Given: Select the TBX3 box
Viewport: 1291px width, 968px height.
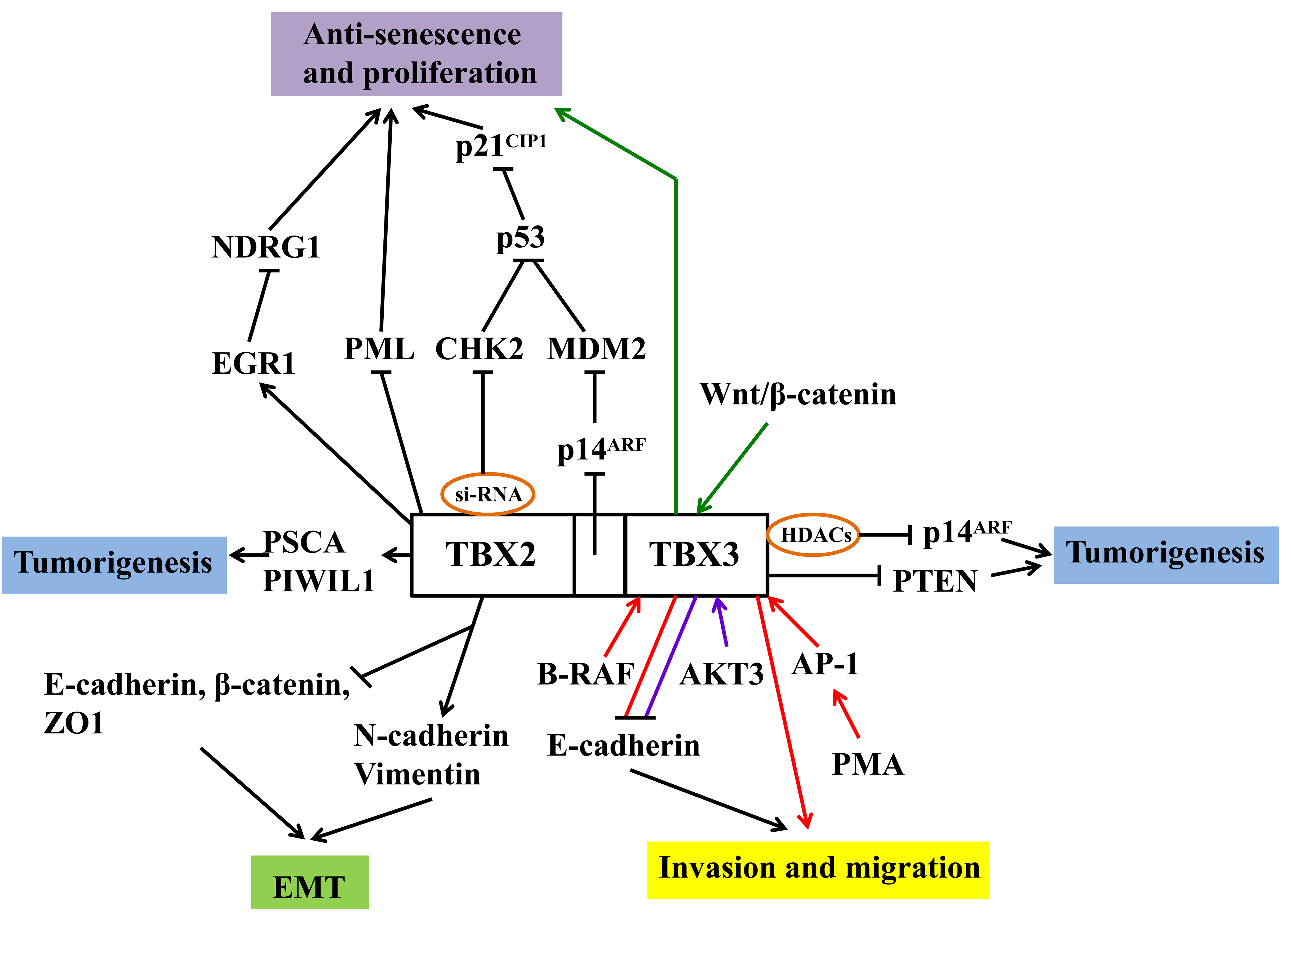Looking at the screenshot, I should click(695, 554).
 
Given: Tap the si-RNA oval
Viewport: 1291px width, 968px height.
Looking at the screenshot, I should click(488, 494).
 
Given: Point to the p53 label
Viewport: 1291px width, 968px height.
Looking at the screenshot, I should click(520, 238).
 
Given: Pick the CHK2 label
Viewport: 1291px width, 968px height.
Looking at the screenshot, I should click(479, 349).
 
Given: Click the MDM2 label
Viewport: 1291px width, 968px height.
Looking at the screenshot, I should click(596, 349).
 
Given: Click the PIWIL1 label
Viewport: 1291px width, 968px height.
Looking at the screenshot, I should click(318, 581).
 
